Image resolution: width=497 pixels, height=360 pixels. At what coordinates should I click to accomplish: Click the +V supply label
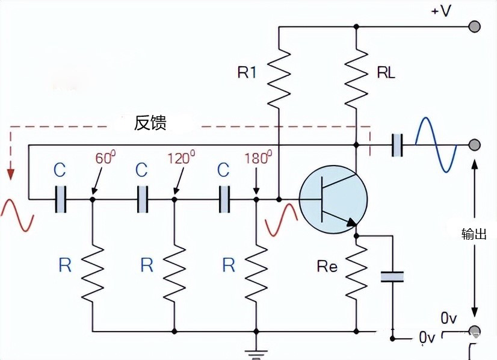[x=440, y=11]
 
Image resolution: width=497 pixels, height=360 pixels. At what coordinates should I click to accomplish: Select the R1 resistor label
[x=248, y=73]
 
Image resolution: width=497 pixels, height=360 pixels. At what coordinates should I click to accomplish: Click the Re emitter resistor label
[x=327, y=267]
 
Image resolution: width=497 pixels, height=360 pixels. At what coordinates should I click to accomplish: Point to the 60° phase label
[x=105, y=158]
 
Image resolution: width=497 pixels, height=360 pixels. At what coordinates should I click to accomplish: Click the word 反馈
[x=150, y=123]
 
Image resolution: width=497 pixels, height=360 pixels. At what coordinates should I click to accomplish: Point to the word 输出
[x=474, y=234]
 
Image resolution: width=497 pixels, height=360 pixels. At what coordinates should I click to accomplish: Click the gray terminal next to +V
[x=475, y=26]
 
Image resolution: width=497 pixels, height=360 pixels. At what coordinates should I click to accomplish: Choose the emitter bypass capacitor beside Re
[x=392, y=276]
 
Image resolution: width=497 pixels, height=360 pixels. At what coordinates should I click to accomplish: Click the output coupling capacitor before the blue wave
[x=397, y=144]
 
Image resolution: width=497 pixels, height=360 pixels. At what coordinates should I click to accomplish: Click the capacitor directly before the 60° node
[x=61, y=199]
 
